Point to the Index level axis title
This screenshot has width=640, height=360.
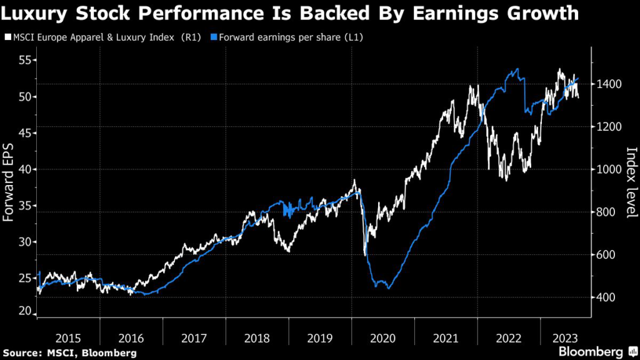pyautogui.click(x=631, y=182)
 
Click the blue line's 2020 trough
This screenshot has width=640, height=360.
pyautogui.click(x=388, y=288)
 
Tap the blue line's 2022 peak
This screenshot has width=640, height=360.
pyautogui.click(x=516, y=69)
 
